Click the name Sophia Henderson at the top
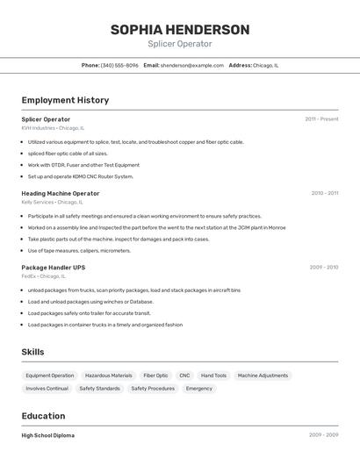179,30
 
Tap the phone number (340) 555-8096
119,65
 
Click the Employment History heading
65,100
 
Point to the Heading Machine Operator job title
61,193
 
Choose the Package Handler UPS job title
54,267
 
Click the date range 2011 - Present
321,119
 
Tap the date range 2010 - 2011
324,193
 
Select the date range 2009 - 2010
323,267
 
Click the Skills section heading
32,352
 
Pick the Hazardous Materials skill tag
109,376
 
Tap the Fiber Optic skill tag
155,376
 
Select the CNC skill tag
184,376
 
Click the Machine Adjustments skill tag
263,376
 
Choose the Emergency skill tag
198,388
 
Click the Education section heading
43,416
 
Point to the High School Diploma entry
48,435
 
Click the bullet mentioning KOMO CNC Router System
81,176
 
